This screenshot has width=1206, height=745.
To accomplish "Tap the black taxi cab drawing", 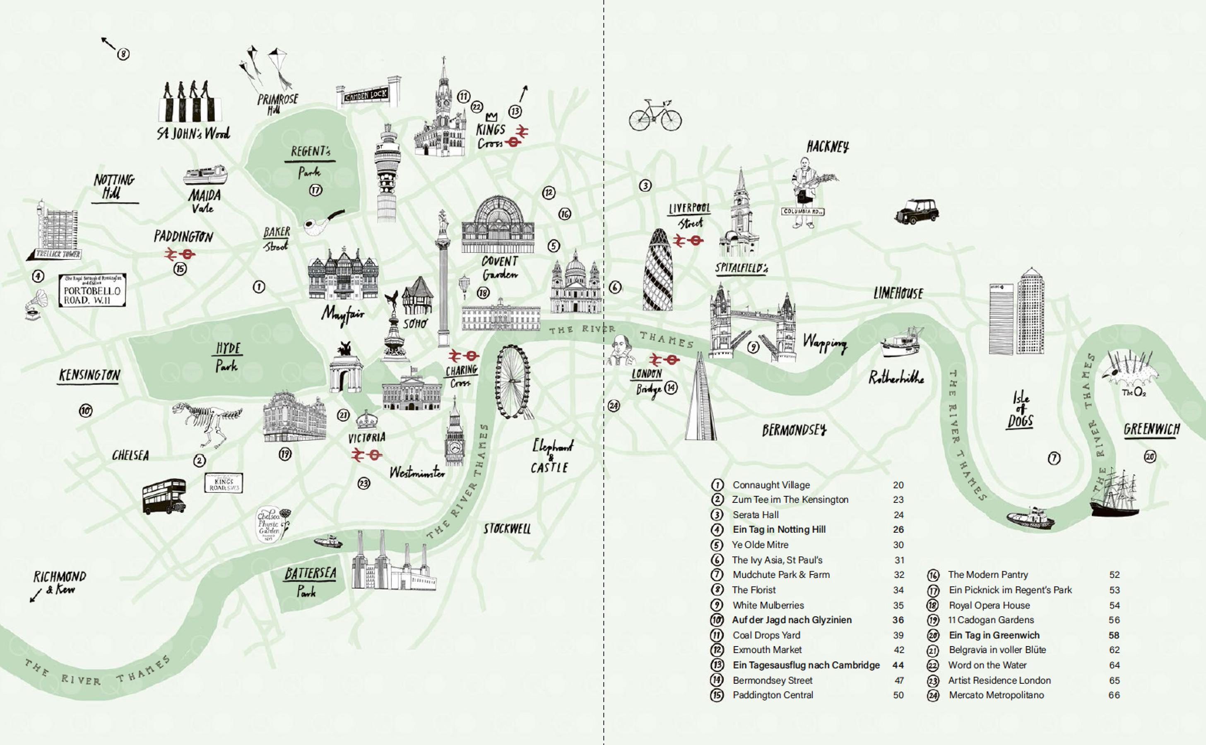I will click(917, 211).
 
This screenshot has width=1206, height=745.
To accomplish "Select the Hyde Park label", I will click(227, 357).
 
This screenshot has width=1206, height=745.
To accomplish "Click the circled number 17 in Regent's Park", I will click(315, 190).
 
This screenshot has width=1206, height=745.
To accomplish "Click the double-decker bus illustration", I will click(164, 496).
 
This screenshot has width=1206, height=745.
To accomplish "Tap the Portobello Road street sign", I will click(92, 291).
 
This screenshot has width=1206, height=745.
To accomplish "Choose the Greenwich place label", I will click(1152, 430).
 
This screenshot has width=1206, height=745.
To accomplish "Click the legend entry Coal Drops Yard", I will click(766, 635).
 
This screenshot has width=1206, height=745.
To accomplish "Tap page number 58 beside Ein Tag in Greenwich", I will click(1114, 635).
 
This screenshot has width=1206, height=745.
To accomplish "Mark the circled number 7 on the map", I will click(1054, 459).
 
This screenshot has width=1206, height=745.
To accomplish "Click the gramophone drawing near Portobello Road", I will click(36, 305).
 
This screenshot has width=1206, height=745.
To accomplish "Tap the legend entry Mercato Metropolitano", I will click(996, 695).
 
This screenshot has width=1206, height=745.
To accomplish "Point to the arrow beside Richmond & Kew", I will click(36, 596).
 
